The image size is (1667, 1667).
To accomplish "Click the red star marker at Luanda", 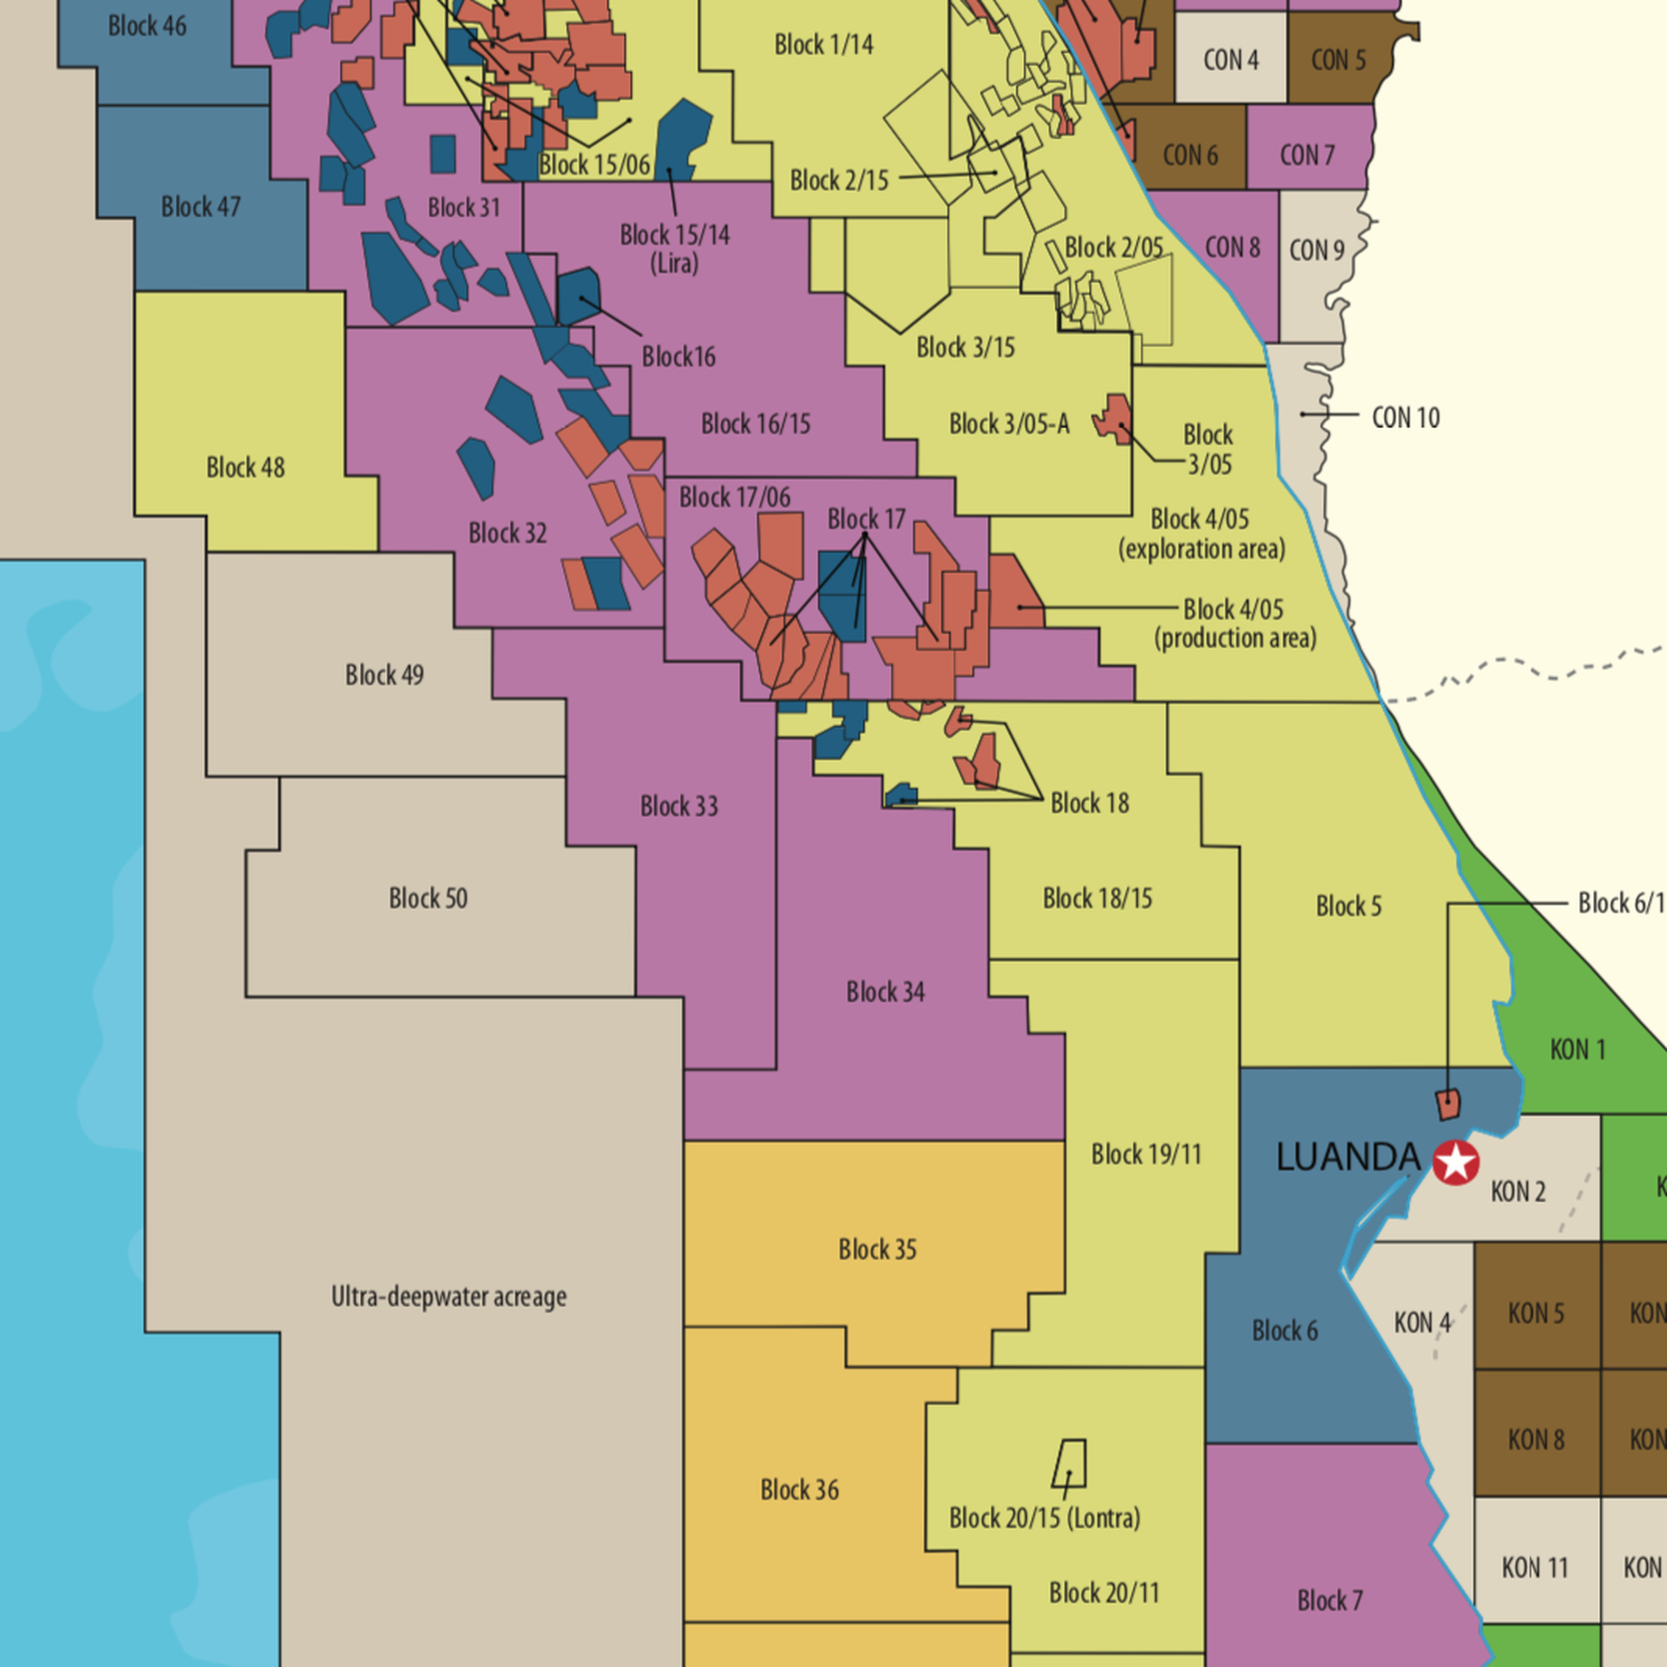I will [1455, 1162].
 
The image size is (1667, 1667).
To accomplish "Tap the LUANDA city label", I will [1348, 1158].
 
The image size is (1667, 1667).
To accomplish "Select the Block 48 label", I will [245, 468].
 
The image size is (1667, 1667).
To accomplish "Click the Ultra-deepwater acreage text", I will [448, 1297].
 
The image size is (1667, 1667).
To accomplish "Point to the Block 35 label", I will [877, 1249].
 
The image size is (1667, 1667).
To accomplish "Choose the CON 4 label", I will [1231, 60].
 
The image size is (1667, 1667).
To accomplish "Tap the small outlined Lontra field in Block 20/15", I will [1070, 1465].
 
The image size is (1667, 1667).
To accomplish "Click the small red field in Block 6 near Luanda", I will [1448, 1104].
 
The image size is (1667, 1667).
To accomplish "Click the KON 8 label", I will [1536, 1439].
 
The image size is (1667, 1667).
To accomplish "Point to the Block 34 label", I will [886, 992].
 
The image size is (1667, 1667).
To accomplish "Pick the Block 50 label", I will [428, 899].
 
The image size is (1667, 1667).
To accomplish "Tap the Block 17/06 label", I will [734, 498].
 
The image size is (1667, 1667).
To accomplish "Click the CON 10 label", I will [1406, 418].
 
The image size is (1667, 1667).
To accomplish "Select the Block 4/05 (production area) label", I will [1235, 623].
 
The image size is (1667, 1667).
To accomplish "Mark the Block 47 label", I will [200, 207].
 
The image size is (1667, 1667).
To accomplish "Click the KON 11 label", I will [1534, 1567].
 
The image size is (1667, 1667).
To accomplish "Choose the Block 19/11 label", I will [1146, 1154].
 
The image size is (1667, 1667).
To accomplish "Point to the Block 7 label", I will [1330, 1600].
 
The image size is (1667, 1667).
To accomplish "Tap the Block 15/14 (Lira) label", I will [675, 248].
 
